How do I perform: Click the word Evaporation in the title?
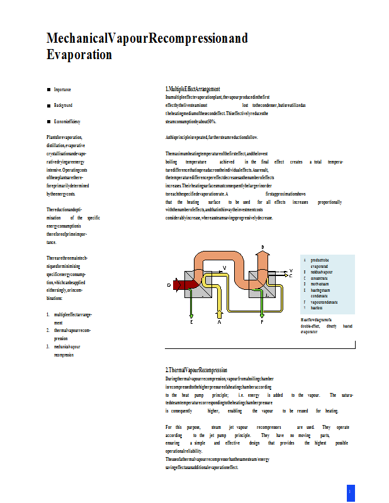(79, 55)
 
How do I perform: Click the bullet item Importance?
(62, 90)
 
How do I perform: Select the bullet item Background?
(63, 105)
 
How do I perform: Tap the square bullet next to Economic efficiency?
(48, 121)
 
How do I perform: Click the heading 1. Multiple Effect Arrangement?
(192, 89)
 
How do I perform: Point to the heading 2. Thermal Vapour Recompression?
(196, 370)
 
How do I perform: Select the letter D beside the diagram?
(169, 285)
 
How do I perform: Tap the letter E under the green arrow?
(191, 321)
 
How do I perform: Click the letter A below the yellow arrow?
(219, 321)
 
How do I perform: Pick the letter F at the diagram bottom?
(262, 321)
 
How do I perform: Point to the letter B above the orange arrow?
(262, 246)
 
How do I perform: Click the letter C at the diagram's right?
(290, 276)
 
